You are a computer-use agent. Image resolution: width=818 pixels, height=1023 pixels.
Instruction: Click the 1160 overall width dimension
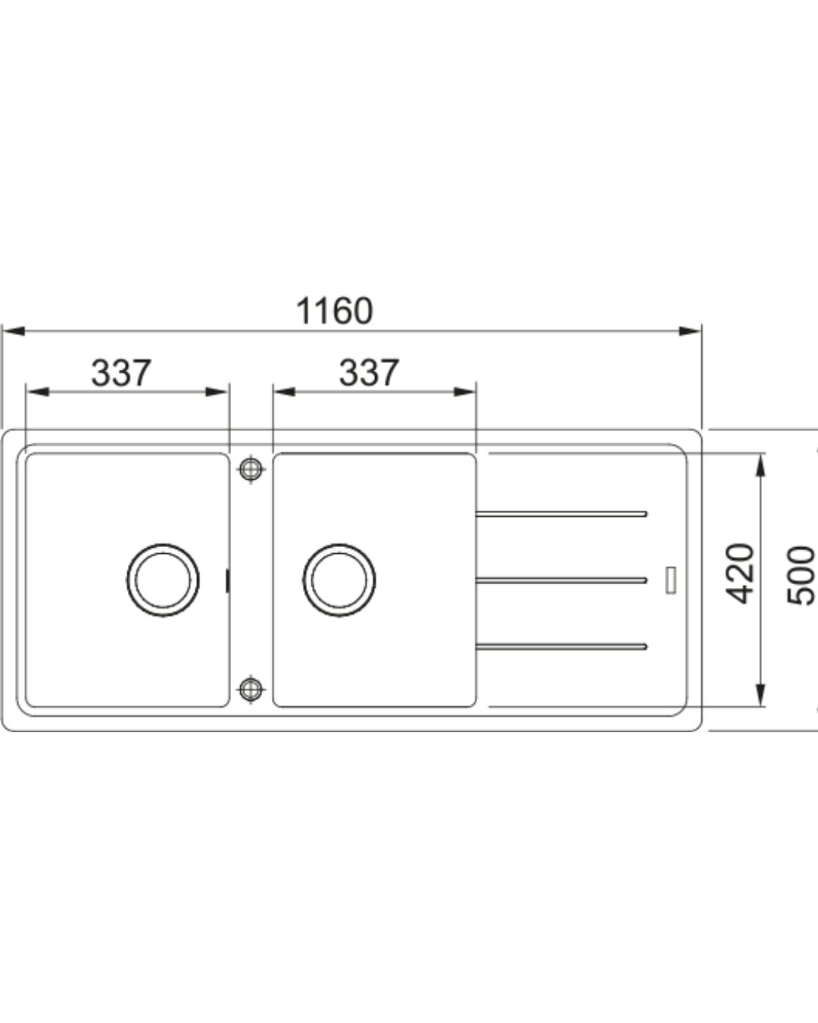point(335,311)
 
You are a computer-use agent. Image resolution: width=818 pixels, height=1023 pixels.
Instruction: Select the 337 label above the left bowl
point(121,373)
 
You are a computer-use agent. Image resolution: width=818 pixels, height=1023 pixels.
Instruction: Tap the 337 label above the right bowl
point(369,373)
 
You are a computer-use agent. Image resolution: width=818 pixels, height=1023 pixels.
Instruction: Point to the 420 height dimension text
point(739,574)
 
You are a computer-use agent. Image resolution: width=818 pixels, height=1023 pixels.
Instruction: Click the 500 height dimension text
point(801,576)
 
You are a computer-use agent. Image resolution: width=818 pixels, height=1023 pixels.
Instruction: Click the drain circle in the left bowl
point(163,580)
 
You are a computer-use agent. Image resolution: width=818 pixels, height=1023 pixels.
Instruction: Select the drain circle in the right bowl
point(339,580)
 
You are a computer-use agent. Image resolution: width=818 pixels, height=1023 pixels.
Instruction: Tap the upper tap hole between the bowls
point(251,469)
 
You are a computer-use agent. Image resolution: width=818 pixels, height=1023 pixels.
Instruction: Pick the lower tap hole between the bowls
point(251,689)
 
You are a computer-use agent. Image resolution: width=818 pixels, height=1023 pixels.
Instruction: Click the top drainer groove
point(561,514)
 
